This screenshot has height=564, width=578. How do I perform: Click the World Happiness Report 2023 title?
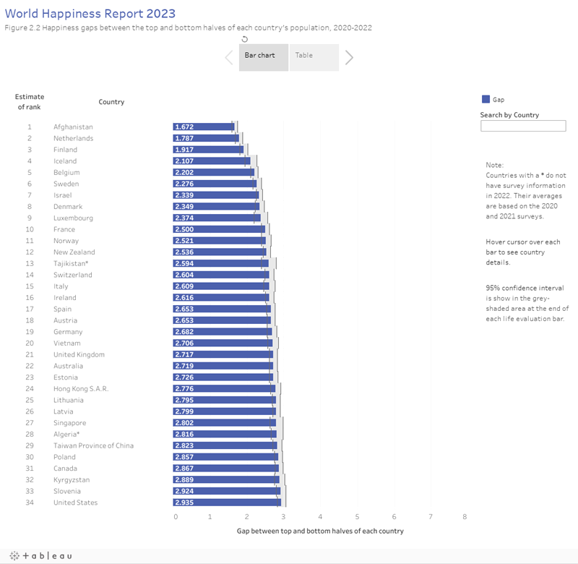pos(90,14)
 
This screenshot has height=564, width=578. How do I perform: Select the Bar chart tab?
pos(264,56)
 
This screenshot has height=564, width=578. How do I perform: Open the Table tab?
pos(314,56)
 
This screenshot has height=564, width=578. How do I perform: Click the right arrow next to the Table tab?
pos(349,57)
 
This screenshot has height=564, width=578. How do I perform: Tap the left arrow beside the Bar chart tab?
pos(228,57)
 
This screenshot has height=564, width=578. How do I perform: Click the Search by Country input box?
pos(523,126)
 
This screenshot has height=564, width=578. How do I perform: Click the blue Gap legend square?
pos(486,100)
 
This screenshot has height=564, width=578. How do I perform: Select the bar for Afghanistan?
pos(204,127)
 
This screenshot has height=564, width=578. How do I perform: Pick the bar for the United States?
pos(226,503)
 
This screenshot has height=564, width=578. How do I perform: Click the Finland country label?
pos(65,150)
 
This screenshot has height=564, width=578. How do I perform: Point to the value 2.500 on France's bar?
pos(184,229)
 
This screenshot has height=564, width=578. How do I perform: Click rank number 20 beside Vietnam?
pos(30,343)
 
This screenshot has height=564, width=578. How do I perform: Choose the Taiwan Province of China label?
pos(93,445)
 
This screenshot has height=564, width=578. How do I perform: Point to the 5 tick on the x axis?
pos(357,516)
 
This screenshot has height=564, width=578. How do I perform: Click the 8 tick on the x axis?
pos(465,516)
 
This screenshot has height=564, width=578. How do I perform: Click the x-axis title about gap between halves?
pos(320,531)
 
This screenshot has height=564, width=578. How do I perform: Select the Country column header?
pos(111,102)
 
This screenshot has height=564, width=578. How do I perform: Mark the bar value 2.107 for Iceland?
pos(184,161)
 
